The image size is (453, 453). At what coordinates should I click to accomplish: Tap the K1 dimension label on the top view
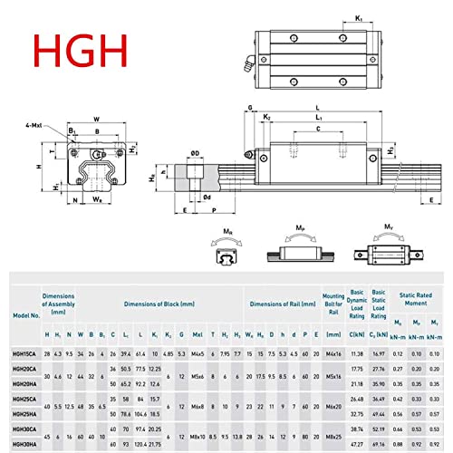(359, 18)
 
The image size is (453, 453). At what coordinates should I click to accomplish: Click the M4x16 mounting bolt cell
(333, 354)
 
